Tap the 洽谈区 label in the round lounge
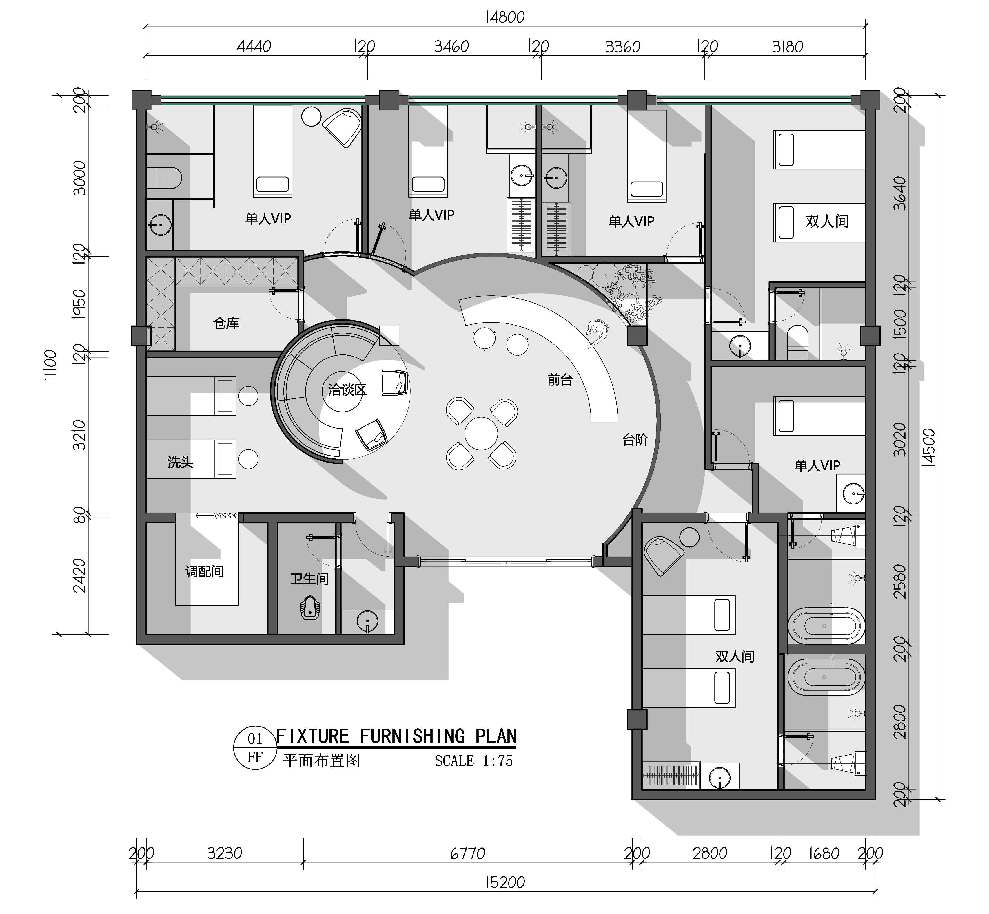click(x=347, y=390)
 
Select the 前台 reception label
click(x=560, y=380)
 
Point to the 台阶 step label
click(x=635, y=439)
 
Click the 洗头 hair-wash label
click(x=180, y=463)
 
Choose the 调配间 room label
click(x=204, y=572)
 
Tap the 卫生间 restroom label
click(x=310, y=579)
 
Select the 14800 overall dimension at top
click(x=505, y=17)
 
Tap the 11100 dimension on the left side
click(x=50, y=365)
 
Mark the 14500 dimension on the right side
click(x=929, y=448)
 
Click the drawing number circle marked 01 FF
click(x=255, y=748)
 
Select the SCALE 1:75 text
click(x=474, y=761)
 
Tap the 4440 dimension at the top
click(x=254, y=47)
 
